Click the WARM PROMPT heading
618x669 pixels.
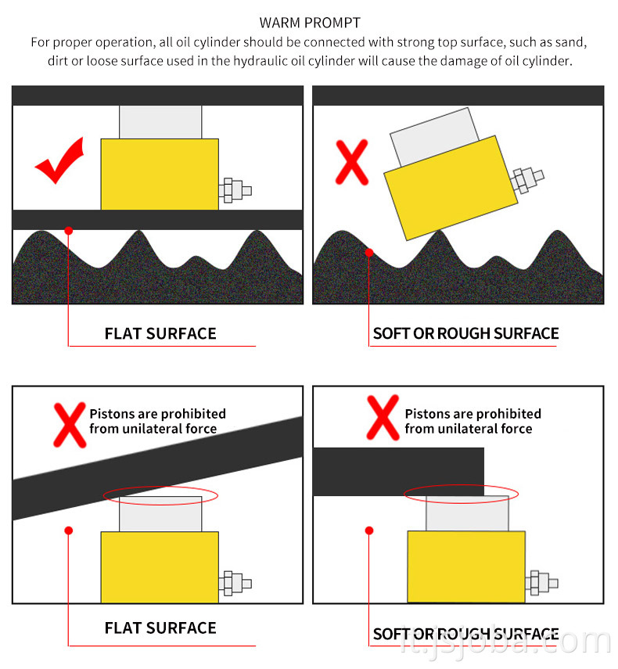coord(310,23)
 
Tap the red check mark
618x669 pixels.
coord(59,160)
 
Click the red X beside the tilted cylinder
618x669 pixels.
coord(352,162)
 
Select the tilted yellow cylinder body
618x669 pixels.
coord(451,188)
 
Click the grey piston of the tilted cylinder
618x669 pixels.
coord(434,136)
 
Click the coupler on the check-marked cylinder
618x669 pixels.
coord(235,190)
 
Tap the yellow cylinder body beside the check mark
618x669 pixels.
coord(160,174)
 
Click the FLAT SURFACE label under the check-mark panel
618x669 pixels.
coord(160,333)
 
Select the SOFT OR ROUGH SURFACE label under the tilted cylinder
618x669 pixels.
coord(465,333)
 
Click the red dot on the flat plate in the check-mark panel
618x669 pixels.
coord(68,231)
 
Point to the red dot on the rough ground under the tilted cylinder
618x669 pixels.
coord(369,253)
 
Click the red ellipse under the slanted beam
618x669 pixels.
coord(161,495)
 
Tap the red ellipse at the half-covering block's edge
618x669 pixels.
coord(461,494)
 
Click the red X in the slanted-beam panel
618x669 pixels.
coord(70,425)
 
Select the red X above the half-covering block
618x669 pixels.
coord(383,418)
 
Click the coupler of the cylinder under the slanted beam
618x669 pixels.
coord(235,583)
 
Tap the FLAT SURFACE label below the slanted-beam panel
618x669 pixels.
coord(160,628)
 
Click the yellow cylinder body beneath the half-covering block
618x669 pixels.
coord(466,566)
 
